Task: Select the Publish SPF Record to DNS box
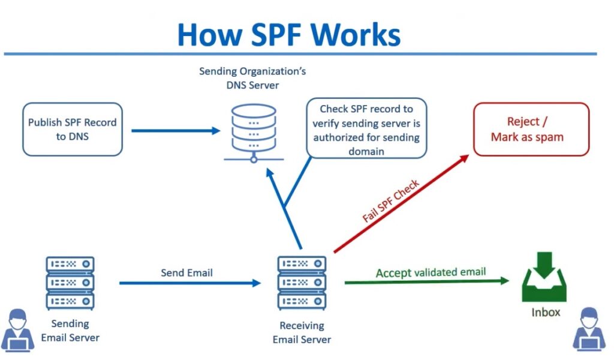(x=72, y=130)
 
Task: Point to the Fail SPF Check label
(x=391, y=202)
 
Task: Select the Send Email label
(x=186, y=273)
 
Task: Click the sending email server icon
(x=70, y=282)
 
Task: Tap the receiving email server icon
(x=302, y=282)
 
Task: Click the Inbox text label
(x=546, y=313)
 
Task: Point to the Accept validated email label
(x=431, y=272)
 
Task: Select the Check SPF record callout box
(x=366, y=129)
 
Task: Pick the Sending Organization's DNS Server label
(x=252, y=78)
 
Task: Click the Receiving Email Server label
(x=302, y=333)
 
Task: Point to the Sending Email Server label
(x=70, y=331)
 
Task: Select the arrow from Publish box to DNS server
(x=176, y=130)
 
